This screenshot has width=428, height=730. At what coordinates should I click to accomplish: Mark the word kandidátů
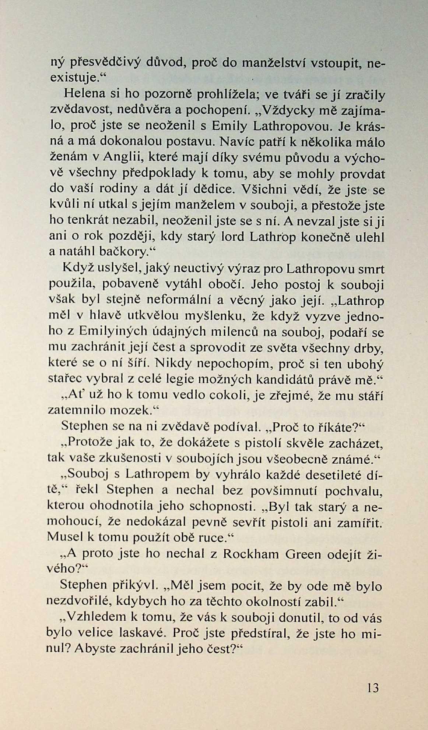point(304,379)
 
